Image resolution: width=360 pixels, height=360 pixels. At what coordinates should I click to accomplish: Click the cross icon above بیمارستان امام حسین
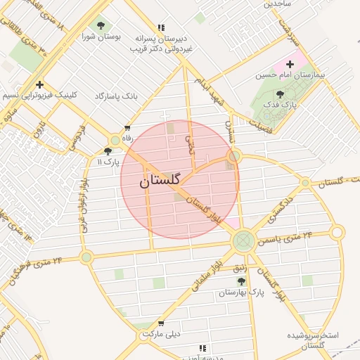pyautogui.click(x=290, y=64)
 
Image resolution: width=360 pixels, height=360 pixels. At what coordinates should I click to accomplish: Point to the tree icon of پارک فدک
pyautogui.click(x=280, y=94)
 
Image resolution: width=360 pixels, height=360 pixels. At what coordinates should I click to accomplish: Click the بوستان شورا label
pyautogui.click(x=102, y=35)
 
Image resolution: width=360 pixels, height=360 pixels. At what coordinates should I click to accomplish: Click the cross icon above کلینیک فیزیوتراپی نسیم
pyautogui.click(x=40, y=84)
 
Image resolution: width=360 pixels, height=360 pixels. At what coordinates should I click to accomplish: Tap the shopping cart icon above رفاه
pyautogui.click(x=127, y=128)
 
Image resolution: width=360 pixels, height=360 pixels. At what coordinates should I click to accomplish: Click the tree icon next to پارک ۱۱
pyautogui.click(x=108, y=151)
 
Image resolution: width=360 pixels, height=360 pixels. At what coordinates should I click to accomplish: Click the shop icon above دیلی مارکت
pyautogui.click(x=162, y=323)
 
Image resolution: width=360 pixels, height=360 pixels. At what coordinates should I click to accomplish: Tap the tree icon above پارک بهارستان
pyautogui.click(x=241, y=281)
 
